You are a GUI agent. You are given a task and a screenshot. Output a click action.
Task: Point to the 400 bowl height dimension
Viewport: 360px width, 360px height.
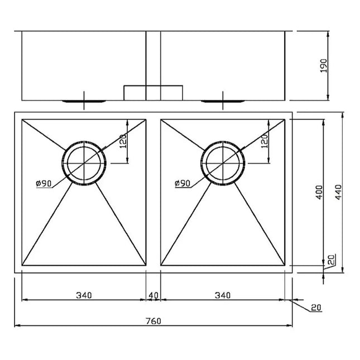tap(318, 192)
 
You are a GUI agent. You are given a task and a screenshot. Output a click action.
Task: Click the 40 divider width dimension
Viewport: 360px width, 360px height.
tap(153, 295)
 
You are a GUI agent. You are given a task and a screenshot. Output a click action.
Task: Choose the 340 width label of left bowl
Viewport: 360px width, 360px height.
tap(84, 295)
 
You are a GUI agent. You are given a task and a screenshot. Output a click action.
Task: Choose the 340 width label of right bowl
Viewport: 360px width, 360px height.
tap(222, 295)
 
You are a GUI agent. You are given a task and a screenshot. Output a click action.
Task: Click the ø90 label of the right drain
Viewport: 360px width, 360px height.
tap(183, 183)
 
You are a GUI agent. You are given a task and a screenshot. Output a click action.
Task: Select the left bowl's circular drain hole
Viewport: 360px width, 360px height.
tap(84, 162)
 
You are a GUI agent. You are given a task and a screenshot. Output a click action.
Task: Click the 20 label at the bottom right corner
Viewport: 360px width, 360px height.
tap(316, 308)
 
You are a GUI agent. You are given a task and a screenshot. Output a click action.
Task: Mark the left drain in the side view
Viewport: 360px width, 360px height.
tap(84, 101)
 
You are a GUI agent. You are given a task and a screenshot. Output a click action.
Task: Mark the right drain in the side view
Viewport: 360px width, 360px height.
tap(223, 101)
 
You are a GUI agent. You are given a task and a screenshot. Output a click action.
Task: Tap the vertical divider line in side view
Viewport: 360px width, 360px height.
tap(153, 56)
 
